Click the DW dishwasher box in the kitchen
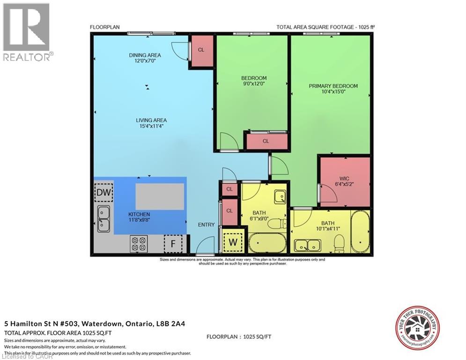point(103,192)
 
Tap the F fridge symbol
point(172,244)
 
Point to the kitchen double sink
point(104,219)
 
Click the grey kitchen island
point(160,196)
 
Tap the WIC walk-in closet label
point(344,179)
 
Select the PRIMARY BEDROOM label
point(333,86)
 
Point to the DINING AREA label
point(145,55)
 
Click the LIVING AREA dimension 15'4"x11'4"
point(145,126)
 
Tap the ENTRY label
point(206,225)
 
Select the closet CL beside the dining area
point(201,50)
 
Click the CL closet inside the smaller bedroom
point(266,141)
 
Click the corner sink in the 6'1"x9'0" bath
point(279,197)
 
